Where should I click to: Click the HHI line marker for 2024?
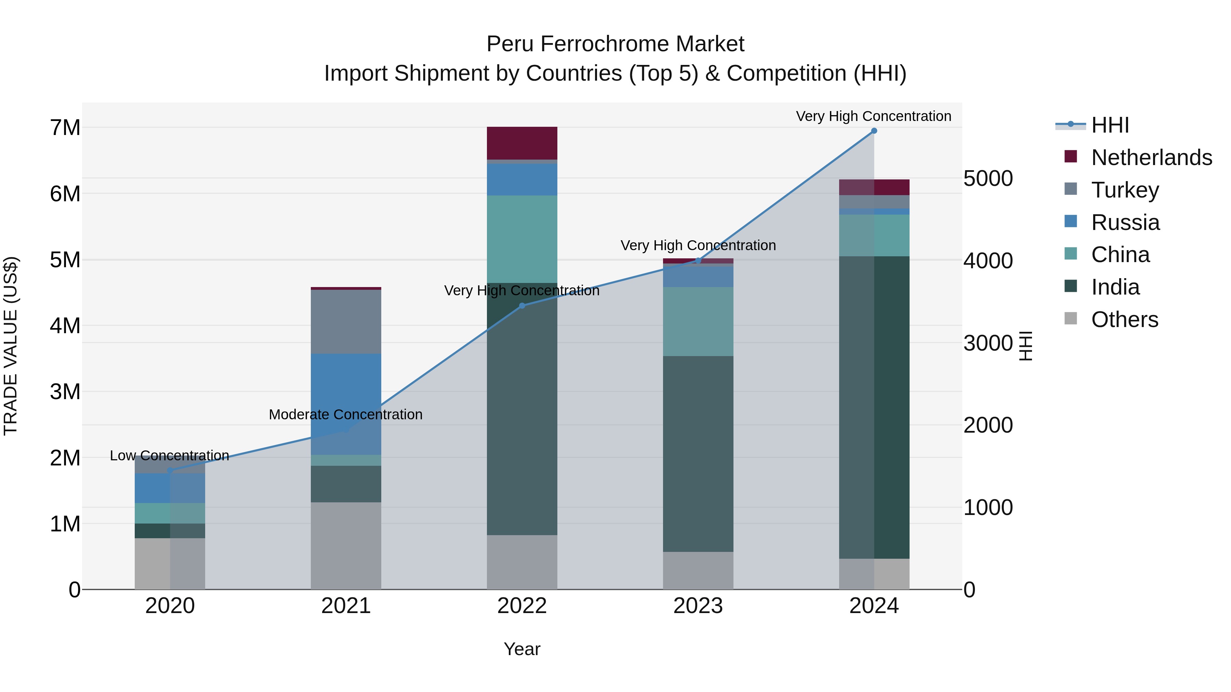click(874, 131)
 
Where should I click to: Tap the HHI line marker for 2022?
click(522, 306)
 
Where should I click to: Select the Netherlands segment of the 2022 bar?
click(522, 143)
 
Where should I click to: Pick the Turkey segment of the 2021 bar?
click(346, 322)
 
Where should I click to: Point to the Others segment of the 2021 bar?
click(346, 545)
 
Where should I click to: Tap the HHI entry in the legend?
click(1110, 125)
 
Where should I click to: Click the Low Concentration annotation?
click(170, 456)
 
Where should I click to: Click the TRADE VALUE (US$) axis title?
click(11, 346)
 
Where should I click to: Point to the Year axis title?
click(522, 649)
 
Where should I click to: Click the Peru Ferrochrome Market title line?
click(615, 44)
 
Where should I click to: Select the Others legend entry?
click(1124, 320)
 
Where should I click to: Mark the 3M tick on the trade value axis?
click(65, 392)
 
